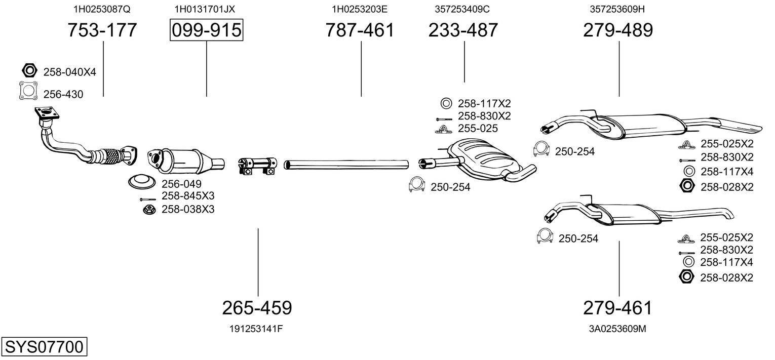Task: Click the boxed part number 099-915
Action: [x=207, y=30]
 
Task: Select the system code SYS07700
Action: [x=44, y=347]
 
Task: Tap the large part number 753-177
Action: [x=102, y=30]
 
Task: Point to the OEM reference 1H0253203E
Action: [x=360, y=9]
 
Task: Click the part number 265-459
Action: [x=257, y=308]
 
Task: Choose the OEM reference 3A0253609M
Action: [x=617, y=329]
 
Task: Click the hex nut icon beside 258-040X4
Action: [x=29, y=70]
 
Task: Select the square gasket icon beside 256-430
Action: [x=28, y=91]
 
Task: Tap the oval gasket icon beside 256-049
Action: [x=141, y=182]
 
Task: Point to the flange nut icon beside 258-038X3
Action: [x=149, y=209]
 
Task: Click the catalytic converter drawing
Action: [x=186, y=161]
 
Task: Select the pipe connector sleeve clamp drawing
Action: [x=258, y=165]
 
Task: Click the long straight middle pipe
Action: [x=346, y=165]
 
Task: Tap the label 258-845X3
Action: [x=188, y=196]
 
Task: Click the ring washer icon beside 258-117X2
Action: [x=446, y=103]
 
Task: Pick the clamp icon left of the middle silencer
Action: [x=417, y=184]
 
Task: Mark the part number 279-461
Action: [x=617, y=308]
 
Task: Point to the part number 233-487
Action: [x=463, y=30]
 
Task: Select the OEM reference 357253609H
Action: [x=617, y=9]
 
